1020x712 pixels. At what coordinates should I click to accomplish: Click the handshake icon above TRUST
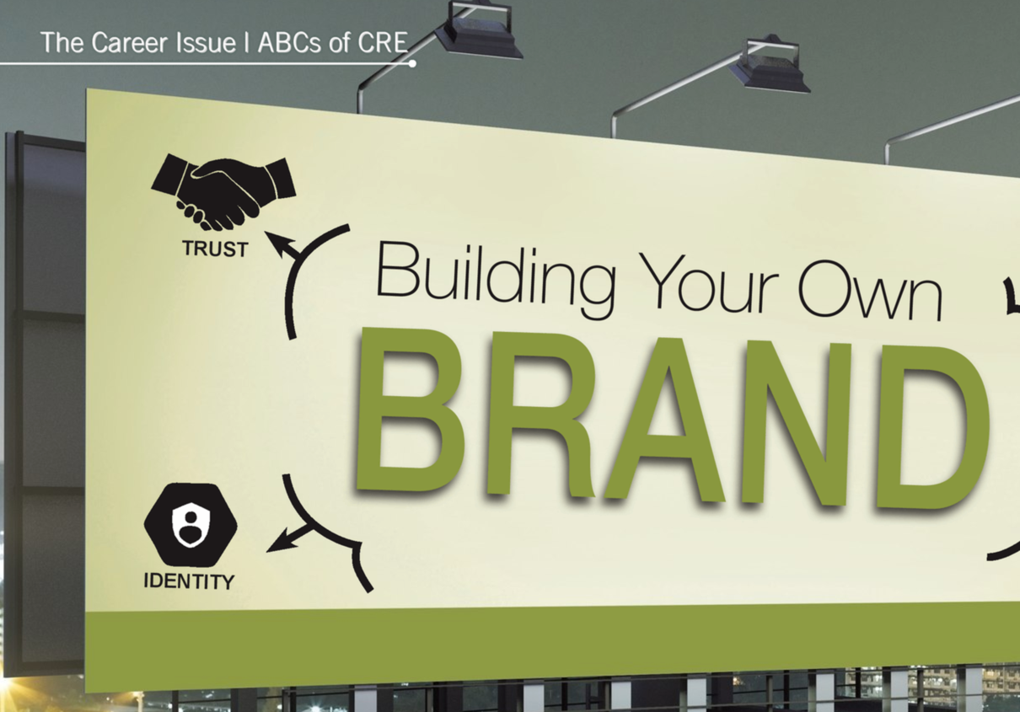coord(223,192)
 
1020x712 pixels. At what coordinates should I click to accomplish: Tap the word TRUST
coord(216,249)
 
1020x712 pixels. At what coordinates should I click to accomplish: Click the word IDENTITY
coord(189,581)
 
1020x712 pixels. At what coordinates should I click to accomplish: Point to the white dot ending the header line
coord(412,64)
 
